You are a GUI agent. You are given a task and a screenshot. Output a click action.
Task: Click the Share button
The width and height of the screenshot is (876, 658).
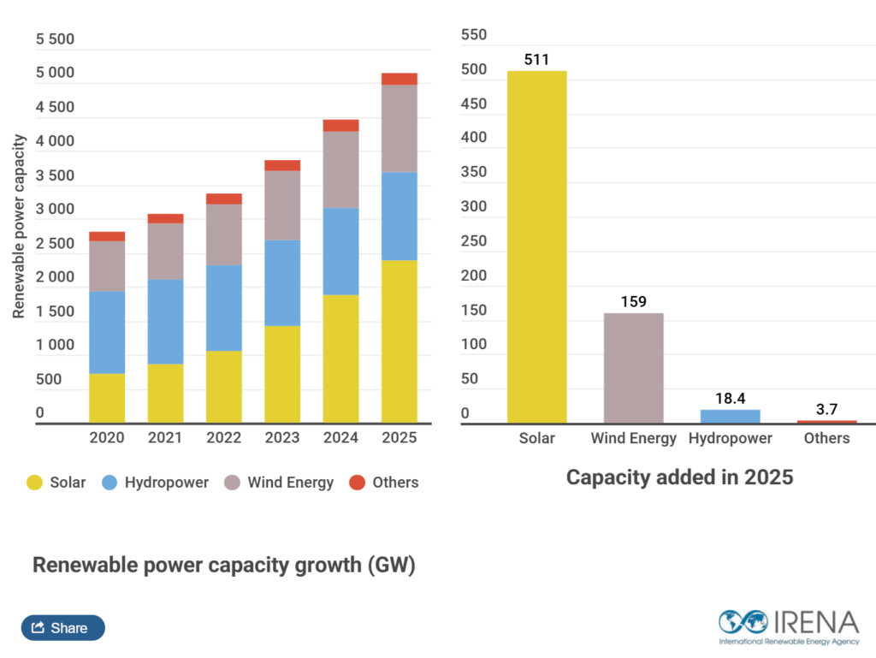(x=62, y=628)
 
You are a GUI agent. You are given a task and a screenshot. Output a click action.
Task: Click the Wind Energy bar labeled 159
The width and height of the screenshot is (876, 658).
(x=633, y=368)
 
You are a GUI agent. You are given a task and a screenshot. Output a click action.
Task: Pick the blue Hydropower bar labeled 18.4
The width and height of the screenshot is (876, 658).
(x=730, y=416)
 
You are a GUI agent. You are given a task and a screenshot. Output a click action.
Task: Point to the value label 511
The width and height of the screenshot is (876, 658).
(x=536, y=60)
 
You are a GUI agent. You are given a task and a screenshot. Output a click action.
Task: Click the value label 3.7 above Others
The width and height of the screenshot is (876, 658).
(x=826, y=410)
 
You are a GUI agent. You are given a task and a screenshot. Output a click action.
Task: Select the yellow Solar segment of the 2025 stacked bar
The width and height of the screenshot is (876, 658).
(x=400, y=341)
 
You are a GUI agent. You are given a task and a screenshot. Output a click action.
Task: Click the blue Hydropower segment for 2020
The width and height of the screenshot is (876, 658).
(x=107, y=332)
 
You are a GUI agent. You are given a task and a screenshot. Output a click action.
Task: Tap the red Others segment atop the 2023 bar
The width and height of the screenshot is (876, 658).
(x=282, y=165)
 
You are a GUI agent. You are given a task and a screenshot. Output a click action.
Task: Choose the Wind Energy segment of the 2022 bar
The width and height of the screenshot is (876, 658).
(x=224, y=234)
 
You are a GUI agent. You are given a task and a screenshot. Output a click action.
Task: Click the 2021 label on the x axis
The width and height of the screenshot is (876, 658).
(x=165, y=438)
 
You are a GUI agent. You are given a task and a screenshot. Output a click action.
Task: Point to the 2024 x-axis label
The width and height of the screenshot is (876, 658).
(x=340, y=438)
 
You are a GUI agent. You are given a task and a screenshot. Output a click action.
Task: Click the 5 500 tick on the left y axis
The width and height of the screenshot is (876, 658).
(x=55, y=39)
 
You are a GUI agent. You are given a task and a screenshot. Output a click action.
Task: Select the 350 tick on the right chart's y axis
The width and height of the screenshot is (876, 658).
(x=473, y=172)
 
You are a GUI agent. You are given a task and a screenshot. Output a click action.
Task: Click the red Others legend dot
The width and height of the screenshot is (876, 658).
(x=357, y=483)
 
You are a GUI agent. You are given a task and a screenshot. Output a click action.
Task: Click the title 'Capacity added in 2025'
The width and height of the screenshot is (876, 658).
(x=679, y=477)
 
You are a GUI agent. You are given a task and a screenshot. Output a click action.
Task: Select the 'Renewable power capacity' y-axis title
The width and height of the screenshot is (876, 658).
(x=19, y=227)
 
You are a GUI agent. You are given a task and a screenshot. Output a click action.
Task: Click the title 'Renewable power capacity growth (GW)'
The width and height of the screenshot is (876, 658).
(x=223, y=566)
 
